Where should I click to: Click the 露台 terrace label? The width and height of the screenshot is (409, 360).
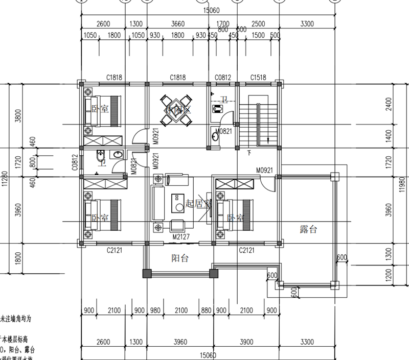[308, 230]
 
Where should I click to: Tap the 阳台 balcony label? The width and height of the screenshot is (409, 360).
[179, 258]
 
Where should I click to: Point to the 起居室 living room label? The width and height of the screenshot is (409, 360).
[198, 204]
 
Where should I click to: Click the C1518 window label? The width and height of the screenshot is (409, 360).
[258, 78]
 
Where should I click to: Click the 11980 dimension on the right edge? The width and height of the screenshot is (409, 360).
[402, 187]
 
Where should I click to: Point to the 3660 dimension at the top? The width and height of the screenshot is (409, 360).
[178, 24]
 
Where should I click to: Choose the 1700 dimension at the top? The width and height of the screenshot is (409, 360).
[223, 24]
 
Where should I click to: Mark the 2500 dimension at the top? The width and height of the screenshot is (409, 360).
[258, 24]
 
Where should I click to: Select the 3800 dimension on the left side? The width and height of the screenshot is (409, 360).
[19, 116]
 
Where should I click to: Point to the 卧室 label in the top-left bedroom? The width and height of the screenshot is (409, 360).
[100, 109]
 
